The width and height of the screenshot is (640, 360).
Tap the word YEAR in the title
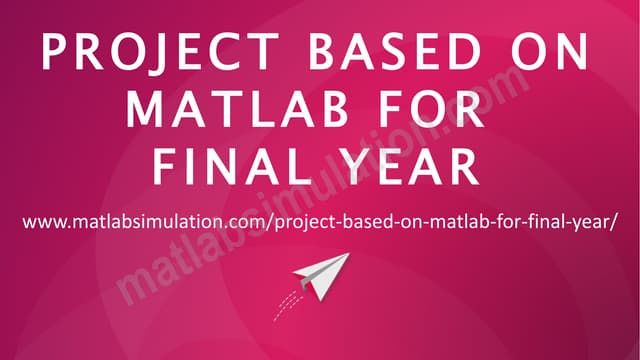click(x=411, y=166)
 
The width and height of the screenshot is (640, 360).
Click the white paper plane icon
click(x=326, y=275)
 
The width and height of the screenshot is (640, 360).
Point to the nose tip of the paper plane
click(x=349, y=254)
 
